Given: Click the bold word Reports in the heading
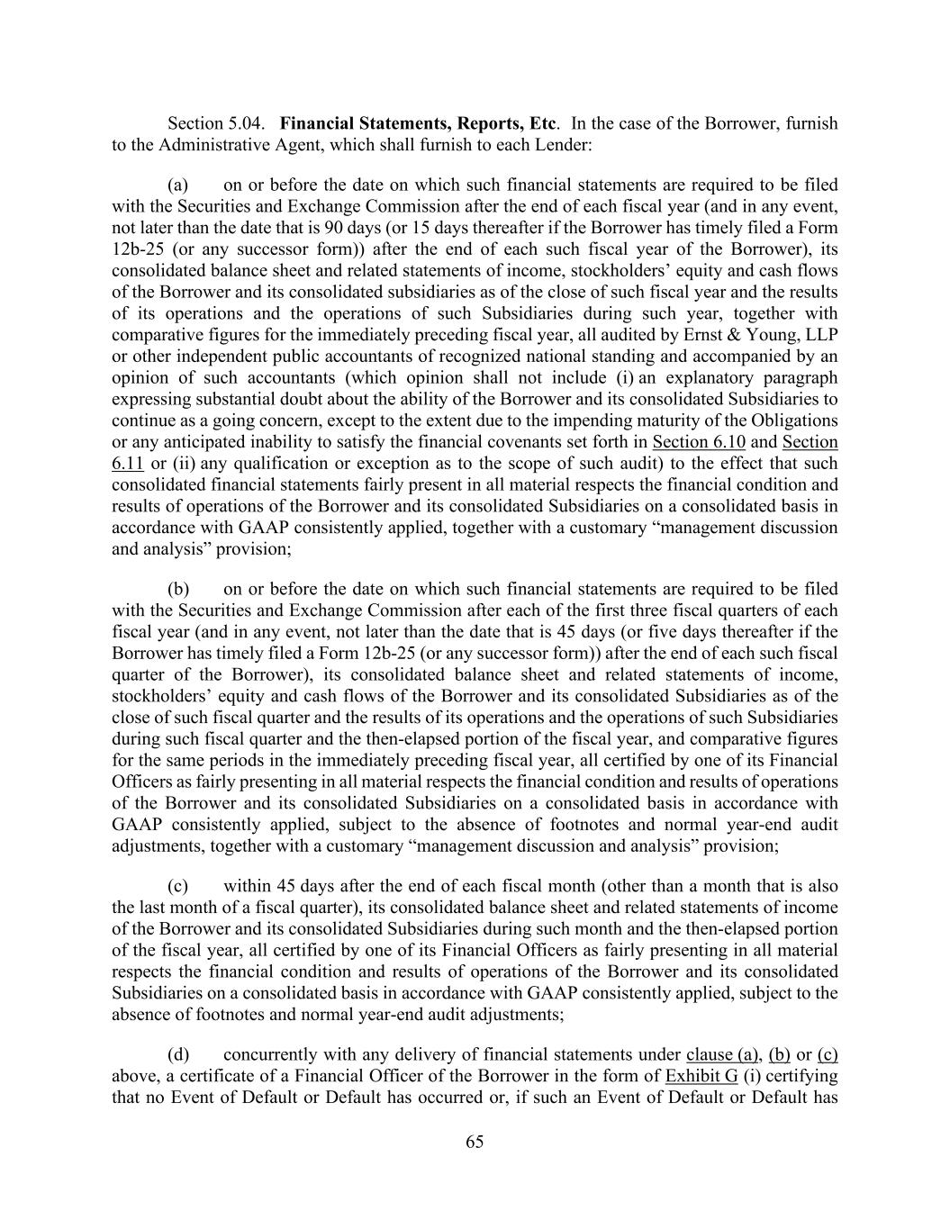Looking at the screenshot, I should coord(489,123).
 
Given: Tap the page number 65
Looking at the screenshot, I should coord(475,1143).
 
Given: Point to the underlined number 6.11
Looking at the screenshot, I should coord(128,464).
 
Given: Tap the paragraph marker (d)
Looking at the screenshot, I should coord(178,1055).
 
